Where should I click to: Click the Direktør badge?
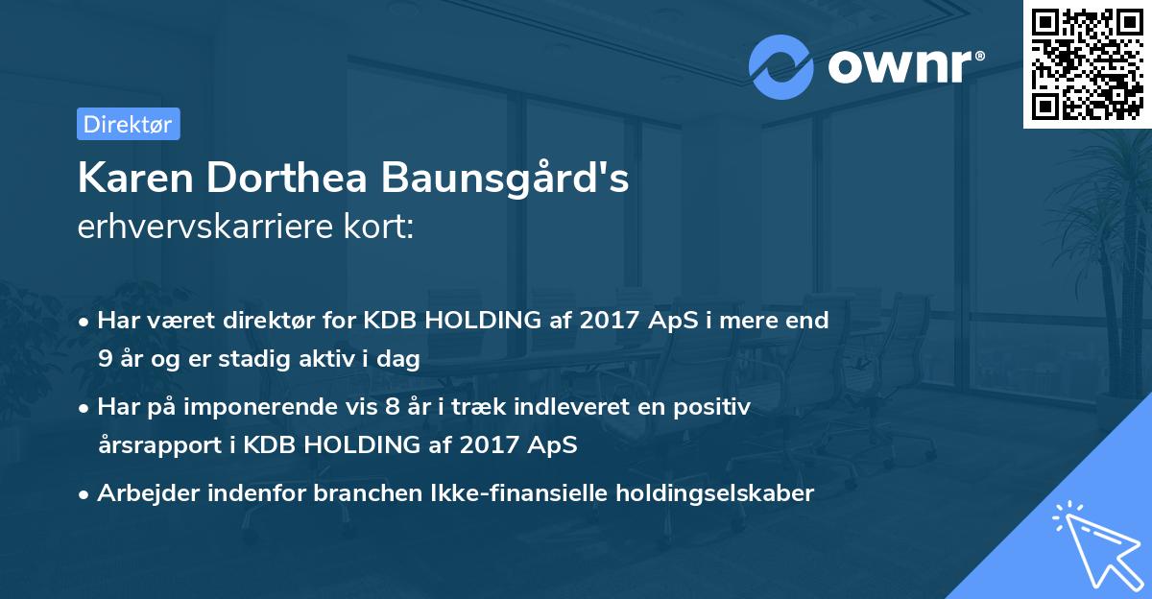(128, 124)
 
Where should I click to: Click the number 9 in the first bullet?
(104, 359)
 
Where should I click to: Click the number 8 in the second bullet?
(392, 407)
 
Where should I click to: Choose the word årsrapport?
(153, 445)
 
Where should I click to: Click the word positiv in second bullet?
(716, 407)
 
